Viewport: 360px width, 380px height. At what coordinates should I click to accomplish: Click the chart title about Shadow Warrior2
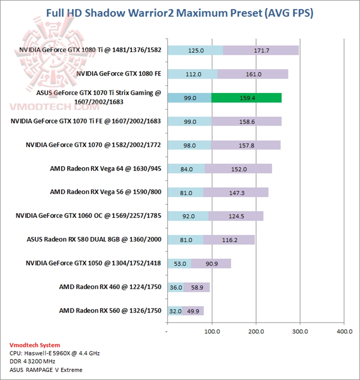[x=180, y=13]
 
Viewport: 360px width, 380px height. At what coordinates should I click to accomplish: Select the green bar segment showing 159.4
[x=246, y=98]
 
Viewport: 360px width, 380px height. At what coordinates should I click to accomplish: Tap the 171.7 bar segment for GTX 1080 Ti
[x=261, y=50]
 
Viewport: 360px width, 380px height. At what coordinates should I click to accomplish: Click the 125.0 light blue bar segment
[x=195, y=50]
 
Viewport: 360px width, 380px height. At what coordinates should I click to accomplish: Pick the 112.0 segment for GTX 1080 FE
[x=192, y=74]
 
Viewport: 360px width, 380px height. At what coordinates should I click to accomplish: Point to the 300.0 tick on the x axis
[x=300, y=331]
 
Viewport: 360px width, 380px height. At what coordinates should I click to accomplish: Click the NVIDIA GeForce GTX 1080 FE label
[x=118, y=73]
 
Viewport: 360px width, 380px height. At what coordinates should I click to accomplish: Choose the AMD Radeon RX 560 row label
[x=110, y=310]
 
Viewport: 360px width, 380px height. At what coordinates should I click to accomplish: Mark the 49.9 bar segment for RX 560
[x=193, y=311]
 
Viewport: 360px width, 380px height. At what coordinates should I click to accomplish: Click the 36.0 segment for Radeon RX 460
[x=175, y=287]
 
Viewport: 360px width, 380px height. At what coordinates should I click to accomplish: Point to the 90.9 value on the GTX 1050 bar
[x=211, y=263]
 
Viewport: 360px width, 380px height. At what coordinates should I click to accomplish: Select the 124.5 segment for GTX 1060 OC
[x=236, y=216]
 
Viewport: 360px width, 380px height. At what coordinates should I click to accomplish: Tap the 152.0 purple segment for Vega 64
[x=238, y=169]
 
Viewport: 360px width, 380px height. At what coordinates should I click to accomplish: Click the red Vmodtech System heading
[x=34, y=345]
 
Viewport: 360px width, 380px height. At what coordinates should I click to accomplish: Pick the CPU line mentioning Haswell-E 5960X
[x=54, y=353]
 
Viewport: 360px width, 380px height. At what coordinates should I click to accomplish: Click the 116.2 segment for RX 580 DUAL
[x=229, y=239]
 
